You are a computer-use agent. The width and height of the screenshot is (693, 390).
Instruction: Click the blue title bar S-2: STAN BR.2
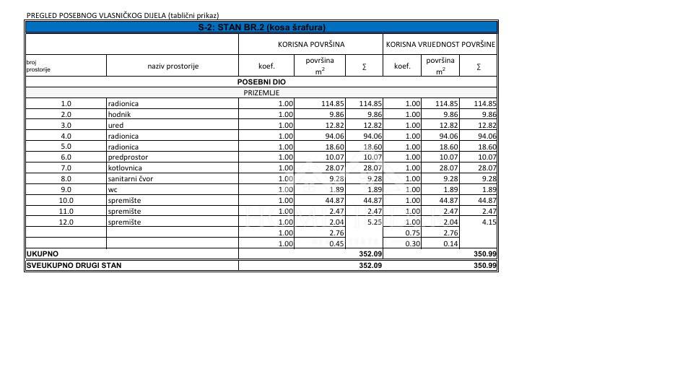point(261,27)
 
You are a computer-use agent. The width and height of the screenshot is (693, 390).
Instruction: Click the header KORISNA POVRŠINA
point(311,44)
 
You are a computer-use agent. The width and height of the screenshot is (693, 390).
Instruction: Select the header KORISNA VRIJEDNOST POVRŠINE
point(441,44)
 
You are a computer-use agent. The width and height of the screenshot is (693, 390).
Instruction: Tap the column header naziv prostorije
point(173,66)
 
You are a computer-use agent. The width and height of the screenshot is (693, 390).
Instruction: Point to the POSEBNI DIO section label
point(261,82)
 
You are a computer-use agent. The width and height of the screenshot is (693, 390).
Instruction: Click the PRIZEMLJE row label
point(261,92)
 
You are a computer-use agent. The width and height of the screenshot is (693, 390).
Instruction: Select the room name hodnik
point(119,114)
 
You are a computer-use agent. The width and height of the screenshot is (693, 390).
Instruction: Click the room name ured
point(115,125)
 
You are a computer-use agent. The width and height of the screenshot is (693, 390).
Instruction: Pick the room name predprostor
point(128,157)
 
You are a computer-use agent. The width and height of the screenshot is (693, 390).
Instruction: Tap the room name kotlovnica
point(126,168)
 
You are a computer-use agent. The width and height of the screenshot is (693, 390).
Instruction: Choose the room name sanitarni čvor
point(131,178)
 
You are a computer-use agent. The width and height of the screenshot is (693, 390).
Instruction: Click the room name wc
point(113,189)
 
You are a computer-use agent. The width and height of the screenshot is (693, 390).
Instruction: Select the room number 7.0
point(66,168)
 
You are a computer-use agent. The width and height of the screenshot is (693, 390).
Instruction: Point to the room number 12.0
point(66,222)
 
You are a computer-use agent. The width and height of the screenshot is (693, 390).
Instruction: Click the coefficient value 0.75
point(412,233)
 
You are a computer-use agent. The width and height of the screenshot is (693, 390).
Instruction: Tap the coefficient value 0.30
point(412,243)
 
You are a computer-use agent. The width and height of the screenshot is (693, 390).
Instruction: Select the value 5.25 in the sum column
point(372,222)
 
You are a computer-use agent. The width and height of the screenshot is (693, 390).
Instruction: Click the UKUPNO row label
point(43,254)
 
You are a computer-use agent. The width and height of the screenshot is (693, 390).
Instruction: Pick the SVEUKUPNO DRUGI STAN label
point(74,265)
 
